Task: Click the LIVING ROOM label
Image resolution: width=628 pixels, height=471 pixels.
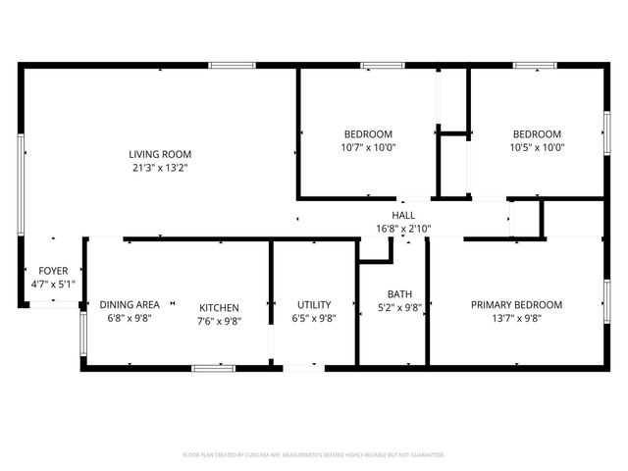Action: tap(160, 154)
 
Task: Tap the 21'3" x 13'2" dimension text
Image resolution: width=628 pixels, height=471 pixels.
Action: tap(160, 168)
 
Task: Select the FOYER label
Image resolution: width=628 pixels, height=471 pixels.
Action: tap(53, 271)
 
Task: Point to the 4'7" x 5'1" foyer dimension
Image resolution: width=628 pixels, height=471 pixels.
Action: tap(53, 285)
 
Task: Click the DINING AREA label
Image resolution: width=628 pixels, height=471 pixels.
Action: tap(130, 305)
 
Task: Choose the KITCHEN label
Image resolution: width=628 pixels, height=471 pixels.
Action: tap(220, 306)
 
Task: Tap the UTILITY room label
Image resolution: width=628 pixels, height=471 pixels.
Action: tap(314, 305)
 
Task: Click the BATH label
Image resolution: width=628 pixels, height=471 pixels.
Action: tap(399, 293)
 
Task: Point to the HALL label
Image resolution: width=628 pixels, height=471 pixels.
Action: tap(403, 216)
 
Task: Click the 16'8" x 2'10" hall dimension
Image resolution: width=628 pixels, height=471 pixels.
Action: tap(403, 229)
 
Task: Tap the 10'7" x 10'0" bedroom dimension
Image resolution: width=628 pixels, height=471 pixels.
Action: tap(368, 148)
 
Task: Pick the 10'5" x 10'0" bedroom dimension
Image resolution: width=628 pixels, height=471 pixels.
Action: tap(537, 148)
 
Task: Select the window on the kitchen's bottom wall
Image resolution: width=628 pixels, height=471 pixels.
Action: tap(213, 368)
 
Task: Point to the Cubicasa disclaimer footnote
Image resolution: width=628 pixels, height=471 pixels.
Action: tap(314, 455)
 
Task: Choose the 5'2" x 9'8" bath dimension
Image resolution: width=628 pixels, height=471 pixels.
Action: tap(399, 307)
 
